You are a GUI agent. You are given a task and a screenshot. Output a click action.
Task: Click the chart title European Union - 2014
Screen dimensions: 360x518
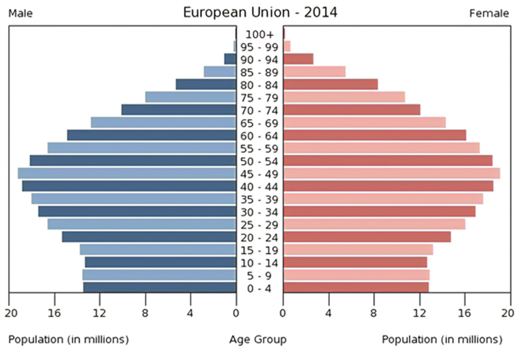260,12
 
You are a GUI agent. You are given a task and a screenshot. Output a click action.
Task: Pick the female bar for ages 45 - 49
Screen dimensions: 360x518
392,173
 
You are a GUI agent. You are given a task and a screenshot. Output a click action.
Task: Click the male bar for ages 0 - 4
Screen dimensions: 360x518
159,287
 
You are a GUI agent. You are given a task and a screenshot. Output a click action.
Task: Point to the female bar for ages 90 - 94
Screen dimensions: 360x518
298,58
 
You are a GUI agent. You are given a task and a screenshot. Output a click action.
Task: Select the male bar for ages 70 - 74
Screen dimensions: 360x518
179,109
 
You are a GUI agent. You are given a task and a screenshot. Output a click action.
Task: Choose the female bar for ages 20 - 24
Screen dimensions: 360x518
367,237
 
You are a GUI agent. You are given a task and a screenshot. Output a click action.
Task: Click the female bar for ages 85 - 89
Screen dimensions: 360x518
314,71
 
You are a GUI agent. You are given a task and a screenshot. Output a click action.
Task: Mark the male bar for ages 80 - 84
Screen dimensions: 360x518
206,84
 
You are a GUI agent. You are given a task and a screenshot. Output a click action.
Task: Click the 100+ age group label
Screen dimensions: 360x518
259,34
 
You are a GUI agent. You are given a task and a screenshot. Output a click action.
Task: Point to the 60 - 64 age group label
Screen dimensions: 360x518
259,135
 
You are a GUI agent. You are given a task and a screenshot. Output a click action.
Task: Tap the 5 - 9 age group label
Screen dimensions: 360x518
259,276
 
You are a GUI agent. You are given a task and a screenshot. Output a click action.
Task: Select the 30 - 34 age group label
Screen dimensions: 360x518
259,212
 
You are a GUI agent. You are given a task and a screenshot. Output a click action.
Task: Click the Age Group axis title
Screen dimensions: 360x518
258,339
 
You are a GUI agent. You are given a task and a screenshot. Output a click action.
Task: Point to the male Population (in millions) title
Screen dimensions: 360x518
69,339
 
